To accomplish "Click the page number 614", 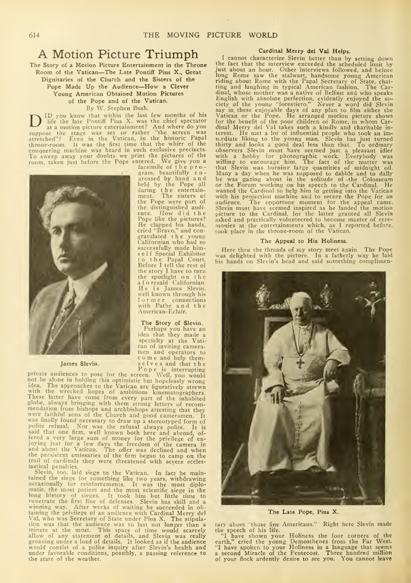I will click(x=34, y=36).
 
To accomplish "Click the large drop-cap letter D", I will click(x=35, y=119).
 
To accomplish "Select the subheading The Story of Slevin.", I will click(x=172, y=322).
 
